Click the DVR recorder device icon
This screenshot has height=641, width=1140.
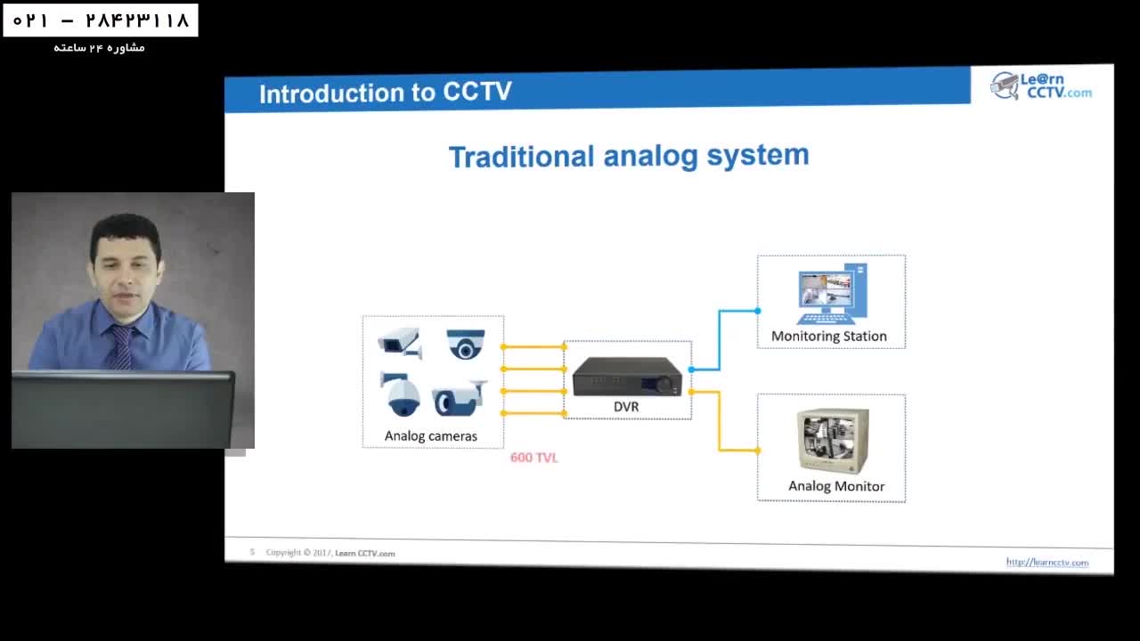pyautogui.click(x=627, y=377)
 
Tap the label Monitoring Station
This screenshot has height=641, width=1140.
pyautogui.click(x=828, y=337)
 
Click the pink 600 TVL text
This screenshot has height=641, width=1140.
pyautogui.click(x=534, y=458)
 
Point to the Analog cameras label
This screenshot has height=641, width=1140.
pyautogui.click(x=430, y=436)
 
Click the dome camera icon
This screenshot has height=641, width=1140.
pyautogui.click(x=466, y=344)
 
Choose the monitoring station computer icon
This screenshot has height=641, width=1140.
pyautogui.click(x=832, y=295)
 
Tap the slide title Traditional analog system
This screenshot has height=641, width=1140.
pyautogui.click(x=629, y=157)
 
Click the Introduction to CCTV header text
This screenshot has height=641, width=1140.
pyautogui.click(x=385, y=93)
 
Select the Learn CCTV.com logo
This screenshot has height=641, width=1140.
pyautogui.click(x=1040, y=85)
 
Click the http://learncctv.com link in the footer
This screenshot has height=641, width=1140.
pyautogui.click(x=1046, y=562)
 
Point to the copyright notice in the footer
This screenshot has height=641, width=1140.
pyautogui.click(x=330, y=553)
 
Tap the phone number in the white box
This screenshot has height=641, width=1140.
pyautogui.click(x=101, y=20)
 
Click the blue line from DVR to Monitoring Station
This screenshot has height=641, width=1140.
pyautogui.click(x=720, y=338)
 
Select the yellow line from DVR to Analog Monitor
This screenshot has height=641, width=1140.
pyautogui.click(x=720, y=422)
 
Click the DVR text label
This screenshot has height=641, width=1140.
pyautogui.click(x=626, y=407)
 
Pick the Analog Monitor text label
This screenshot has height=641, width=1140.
pyautogui.click(x=835, y=486)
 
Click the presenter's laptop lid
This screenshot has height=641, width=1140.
pyautogui.click(x=123, y=410)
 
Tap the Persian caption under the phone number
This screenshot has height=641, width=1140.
pyautogui.click(x=99, y=47)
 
